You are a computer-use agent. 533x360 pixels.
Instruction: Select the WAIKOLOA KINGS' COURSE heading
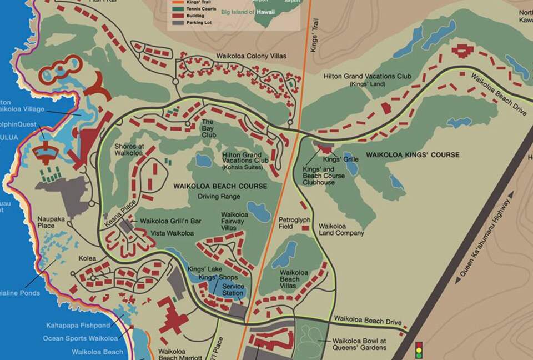[413, 154]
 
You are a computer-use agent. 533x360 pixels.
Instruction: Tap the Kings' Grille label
[344, 159]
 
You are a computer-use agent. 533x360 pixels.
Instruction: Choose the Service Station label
[233, 289]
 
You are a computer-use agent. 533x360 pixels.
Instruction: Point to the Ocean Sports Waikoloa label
[80, 338]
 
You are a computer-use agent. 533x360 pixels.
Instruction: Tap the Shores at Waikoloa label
[129, 149]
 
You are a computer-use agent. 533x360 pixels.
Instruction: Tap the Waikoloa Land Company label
[341, 229]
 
